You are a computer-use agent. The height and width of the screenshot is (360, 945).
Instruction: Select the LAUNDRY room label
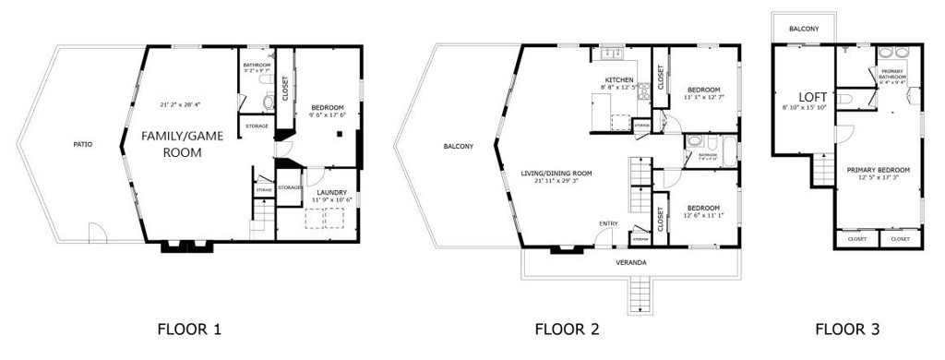(x=330, y=192)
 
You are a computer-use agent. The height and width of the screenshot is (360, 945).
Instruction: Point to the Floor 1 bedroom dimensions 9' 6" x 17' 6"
(x=328, y=114)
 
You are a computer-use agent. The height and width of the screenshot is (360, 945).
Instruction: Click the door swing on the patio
(x=96, y=234)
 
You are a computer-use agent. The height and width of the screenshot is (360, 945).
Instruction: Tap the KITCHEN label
(x=618, y=80)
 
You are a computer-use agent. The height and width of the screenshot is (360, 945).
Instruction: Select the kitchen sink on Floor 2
(x=610, y=52)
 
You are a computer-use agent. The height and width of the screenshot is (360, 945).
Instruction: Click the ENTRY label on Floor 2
(x=608, y=223)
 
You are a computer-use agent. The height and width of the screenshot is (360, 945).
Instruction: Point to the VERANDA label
(x=631, y=263)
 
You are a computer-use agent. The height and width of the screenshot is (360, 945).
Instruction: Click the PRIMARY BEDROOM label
(x=879, y=170)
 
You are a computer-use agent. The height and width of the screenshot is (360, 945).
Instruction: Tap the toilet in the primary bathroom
(x=844, y=98)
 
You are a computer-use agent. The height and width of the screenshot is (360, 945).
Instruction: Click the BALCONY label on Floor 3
(x=803, y=30)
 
